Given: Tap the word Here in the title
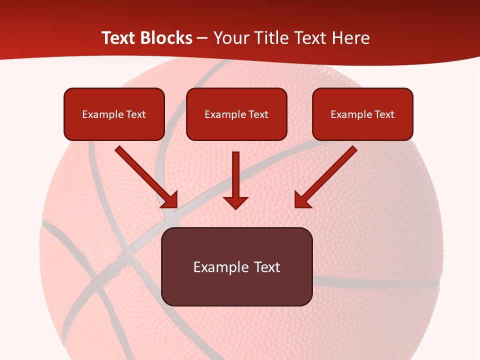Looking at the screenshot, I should [x=351, y=38].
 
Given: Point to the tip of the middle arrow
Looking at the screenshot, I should [x=236, y=207].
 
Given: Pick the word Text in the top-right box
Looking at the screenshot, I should [x=384, y=114].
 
